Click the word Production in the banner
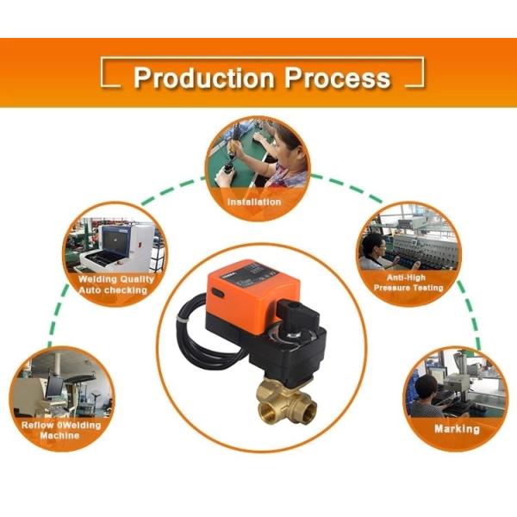tap(203, 78)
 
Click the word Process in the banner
tap(337, 78)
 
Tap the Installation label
tap(254, 202)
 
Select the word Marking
tap(457, 429)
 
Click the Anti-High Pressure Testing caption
tap(408, 283)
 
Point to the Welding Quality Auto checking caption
tap(116, 284)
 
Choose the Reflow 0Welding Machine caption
tap(61, 430)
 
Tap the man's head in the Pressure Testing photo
tap(374, 246)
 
